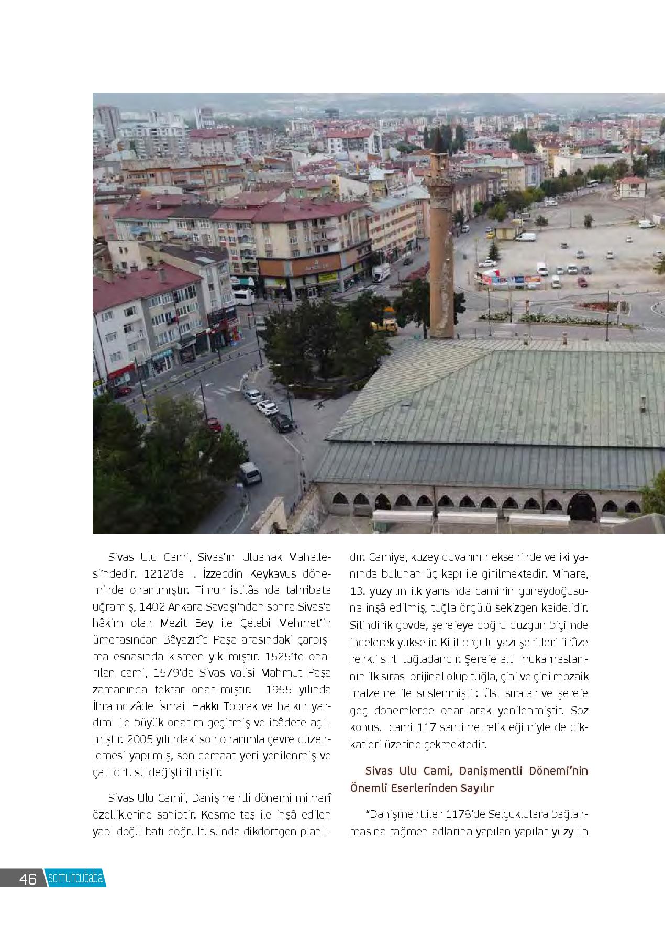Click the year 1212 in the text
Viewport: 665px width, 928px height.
point(156,573)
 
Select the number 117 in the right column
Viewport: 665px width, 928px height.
point(431,727)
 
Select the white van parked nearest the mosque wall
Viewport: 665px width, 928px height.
point(250,473)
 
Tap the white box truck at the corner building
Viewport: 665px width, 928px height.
point(381,272)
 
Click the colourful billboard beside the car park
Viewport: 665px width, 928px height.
point(510,280)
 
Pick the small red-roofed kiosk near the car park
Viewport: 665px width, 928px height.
point(631,187)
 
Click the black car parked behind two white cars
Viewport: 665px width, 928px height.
point(281,423)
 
